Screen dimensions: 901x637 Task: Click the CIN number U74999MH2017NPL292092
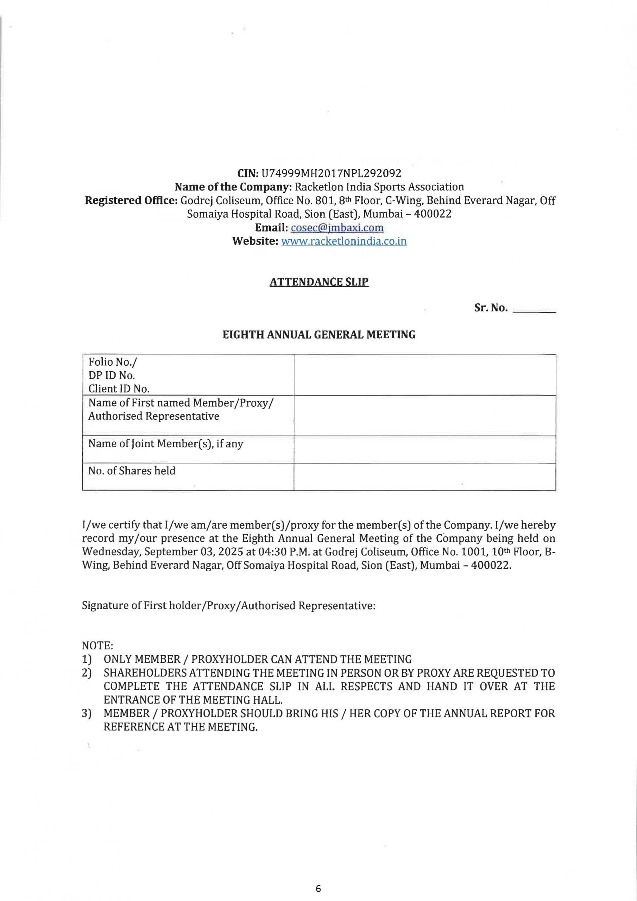coord(331,174)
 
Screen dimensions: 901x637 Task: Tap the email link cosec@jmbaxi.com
coord(337,228)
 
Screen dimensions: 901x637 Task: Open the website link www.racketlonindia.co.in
coord(344,241)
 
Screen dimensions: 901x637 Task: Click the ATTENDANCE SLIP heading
coord(319,282)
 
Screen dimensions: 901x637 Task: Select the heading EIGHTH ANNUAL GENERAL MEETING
coord(319,335)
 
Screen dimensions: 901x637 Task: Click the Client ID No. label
coord(119,389)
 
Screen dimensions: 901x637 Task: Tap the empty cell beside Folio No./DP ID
coord(425,375)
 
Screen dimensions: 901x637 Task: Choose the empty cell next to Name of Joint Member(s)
coord(425,449)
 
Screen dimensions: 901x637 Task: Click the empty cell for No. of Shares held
coord(425,477)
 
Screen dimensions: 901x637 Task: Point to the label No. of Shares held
coord(132,471)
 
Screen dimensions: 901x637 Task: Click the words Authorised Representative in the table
coord(154,416)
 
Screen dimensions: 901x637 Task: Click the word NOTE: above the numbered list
coord(97,645)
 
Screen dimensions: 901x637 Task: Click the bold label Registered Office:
coord(131,201)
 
